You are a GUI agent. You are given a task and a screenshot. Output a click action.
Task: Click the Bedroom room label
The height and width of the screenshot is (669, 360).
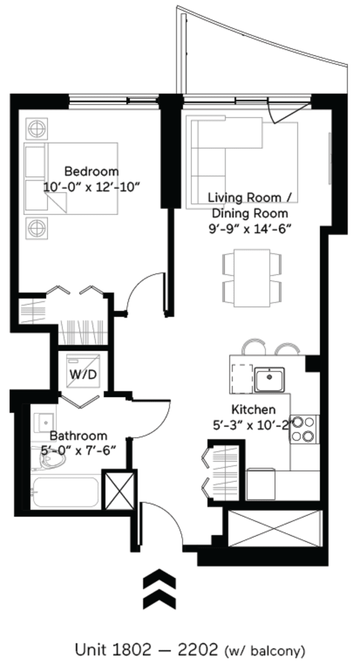click(91, 171)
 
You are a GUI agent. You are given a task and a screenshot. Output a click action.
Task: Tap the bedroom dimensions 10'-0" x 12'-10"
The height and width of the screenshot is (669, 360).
click(91, 186)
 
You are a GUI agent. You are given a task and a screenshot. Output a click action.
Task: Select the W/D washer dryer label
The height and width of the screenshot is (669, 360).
click(82, 375)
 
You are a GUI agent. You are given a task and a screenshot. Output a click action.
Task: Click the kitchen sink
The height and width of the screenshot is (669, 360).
click(269, 379)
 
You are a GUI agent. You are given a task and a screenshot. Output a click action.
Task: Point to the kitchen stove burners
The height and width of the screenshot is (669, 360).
click(304, 430)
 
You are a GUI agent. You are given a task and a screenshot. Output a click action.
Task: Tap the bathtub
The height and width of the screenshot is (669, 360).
click(65, 493)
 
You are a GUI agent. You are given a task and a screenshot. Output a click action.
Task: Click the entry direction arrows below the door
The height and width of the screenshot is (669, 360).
click(159, 591)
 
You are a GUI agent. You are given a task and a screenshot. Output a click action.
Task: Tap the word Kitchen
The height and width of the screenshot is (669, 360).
click(253, 410)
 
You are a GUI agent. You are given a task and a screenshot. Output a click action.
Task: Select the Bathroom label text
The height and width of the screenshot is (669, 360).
click(78, 435)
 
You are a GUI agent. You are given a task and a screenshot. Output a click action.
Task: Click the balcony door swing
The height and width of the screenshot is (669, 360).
click(277, 113)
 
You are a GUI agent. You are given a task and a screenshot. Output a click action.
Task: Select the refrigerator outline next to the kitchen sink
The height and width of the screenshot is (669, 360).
click(241, 379)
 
